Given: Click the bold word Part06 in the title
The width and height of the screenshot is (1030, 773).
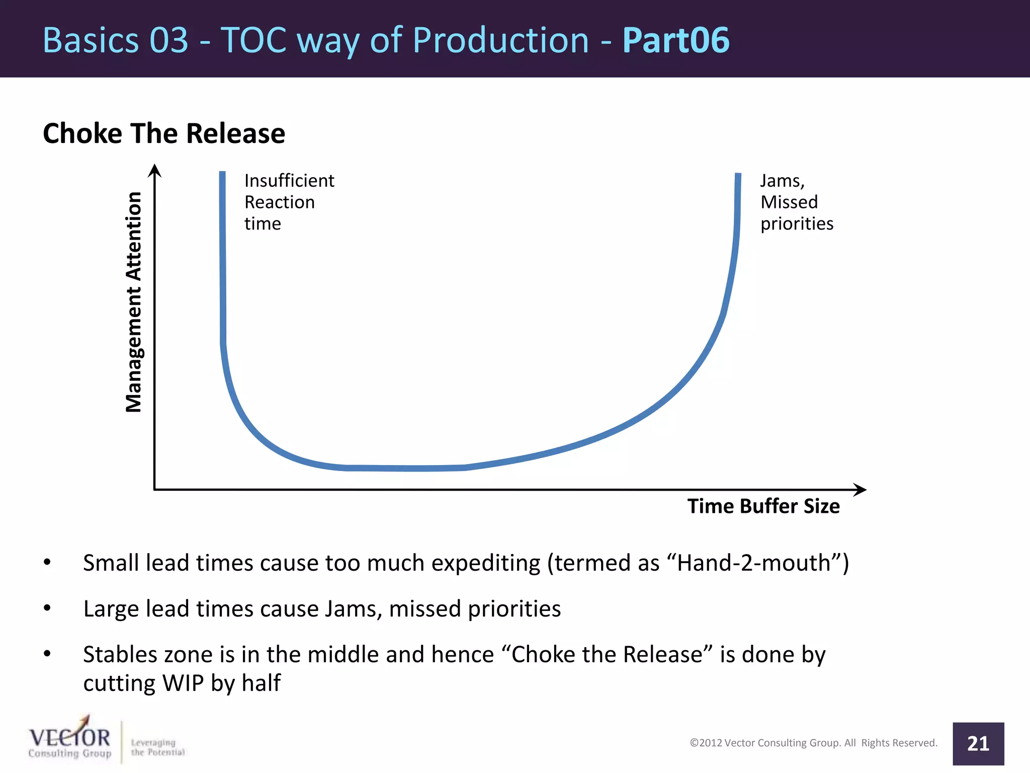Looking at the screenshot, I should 675,40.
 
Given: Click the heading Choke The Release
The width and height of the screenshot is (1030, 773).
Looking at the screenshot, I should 164,134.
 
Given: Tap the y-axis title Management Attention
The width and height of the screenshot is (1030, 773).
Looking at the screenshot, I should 134,302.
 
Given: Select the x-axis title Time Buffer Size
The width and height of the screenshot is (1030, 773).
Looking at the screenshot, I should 763,506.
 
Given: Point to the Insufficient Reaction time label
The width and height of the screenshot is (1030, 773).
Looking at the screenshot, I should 289,202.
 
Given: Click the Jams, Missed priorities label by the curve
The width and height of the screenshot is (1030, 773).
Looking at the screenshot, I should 796,202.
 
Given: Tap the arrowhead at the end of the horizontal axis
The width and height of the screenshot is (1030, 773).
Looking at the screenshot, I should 860,489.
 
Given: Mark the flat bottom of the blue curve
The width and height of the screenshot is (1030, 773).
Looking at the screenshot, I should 407,468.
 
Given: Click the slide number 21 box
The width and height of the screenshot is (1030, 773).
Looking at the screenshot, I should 978,743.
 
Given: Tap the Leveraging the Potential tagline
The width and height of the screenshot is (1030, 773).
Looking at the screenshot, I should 157,747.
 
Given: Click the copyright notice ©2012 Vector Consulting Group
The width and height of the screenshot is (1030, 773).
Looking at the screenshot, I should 813,743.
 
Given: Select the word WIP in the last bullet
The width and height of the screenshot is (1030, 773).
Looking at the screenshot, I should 183,683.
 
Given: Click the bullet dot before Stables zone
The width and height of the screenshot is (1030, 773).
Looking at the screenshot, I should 47,654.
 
